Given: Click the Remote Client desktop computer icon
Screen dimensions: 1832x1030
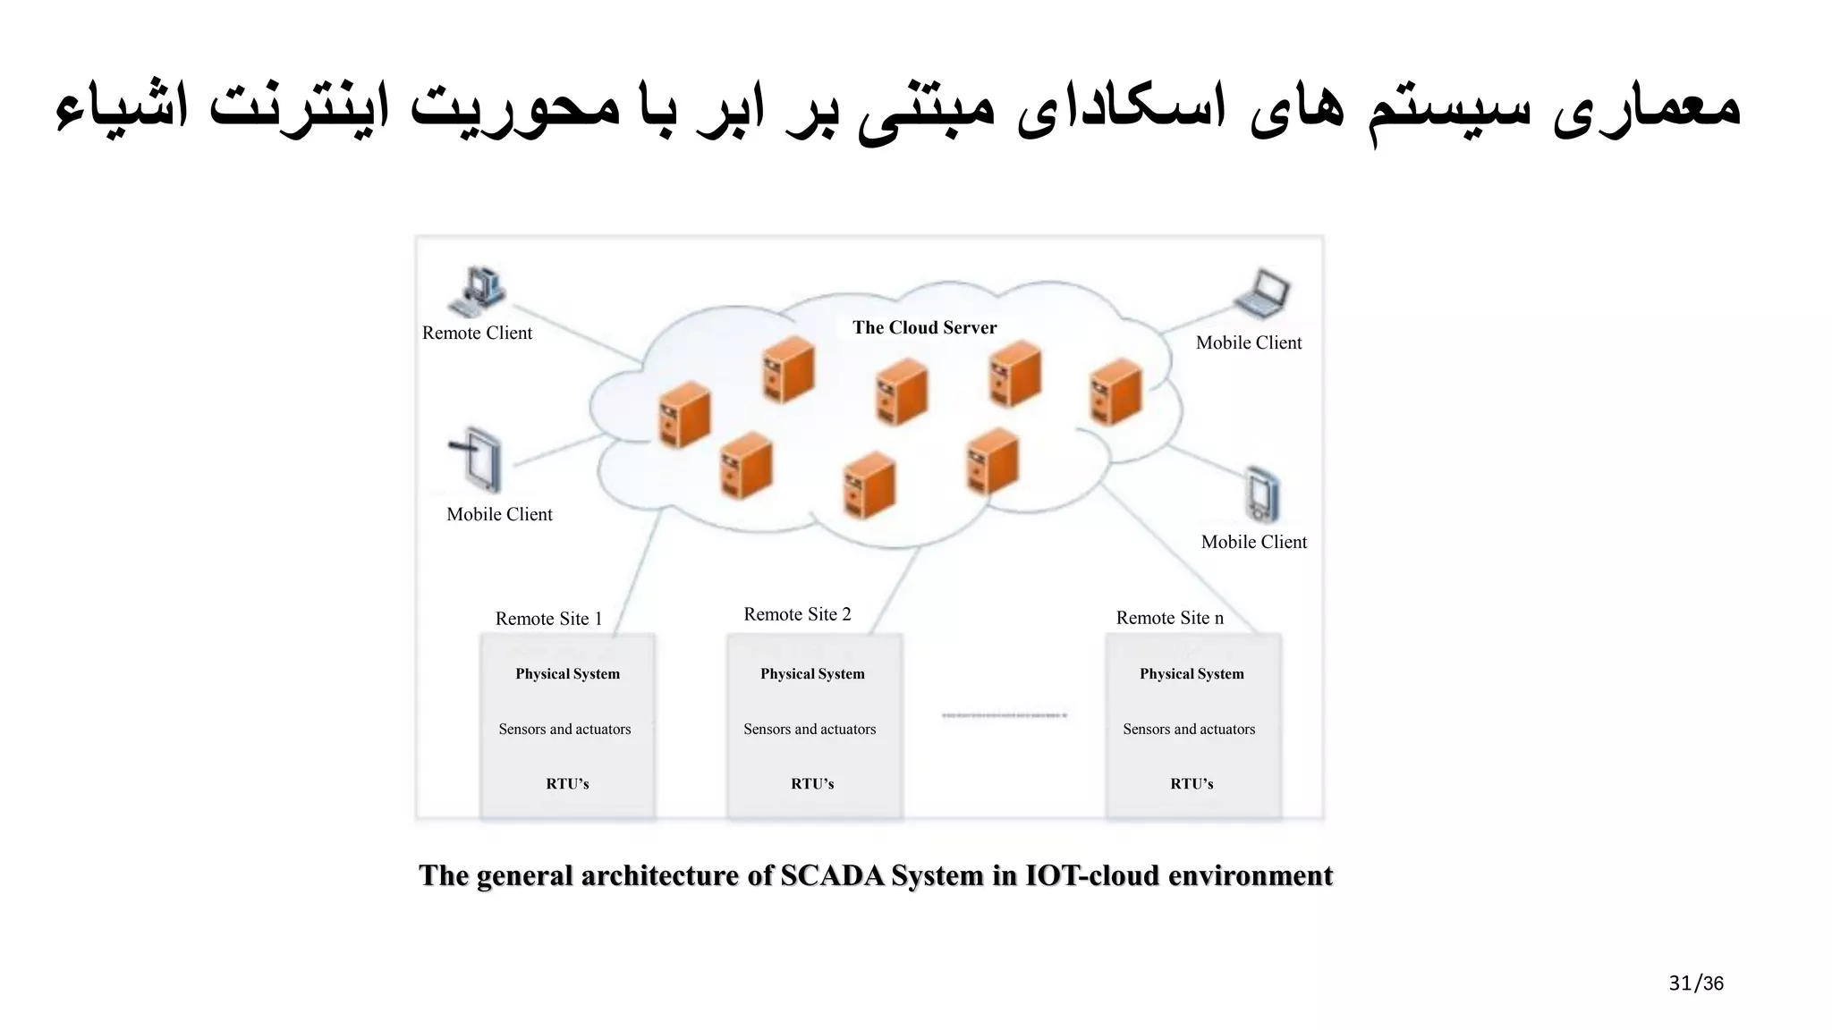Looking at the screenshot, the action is [x=477, y=291].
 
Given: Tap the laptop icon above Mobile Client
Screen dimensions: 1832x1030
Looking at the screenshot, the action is [x=1262, y=294].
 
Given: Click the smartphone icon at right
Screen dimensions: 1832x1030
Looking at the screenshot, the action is [x=1262, y=494].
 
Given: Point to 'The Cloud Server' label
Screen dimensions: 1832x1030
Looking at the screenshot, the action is [x=924, y=327].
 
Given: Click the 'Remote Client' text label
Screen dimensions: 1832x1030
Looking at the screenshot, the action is [x=477, y=333].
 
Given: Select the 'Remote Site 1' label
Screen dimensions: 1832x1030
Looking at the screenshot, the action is [x=548, y=619].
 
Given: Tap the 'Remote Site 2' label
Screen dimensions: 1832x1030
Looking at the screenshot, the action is [x=797, y=614].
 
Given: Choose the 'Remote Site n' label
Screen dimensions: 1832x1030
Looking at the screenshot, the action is [x=1169, y=618].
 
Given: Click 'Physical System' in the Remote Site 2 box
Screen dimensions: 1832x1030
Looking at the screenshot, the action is [x=812, y=673].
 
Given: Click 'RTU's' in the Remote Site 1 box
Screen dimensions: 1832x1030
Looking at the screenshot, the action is [x=567, y=783].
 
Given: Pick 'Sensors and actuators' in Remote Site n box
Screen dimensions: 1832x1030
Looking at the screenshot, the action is [x=1189, y=729].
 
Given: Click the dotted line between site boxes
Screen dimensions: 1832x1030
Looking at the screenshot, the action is [x=1004, y=715].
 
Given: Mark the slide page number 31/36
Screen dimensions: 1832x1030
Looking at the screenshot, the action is [x=1695, y=984].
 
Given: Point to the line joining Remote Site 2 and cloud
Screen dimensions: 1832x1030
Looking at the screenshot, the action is [x=895, y=590].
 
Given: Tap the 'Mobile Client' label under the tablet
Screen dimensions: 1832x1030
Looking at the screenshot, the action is [x=499, y=514].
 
